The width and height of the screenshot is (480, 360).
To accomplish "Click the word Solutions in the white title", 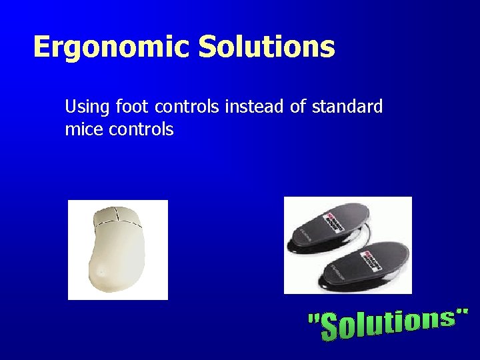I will click(267, 47).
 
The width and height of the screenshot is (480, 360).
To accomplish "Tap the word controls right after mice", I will click(141, 129).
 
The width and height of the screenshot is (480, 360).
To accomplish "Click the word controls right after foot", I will click(185, 106).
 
